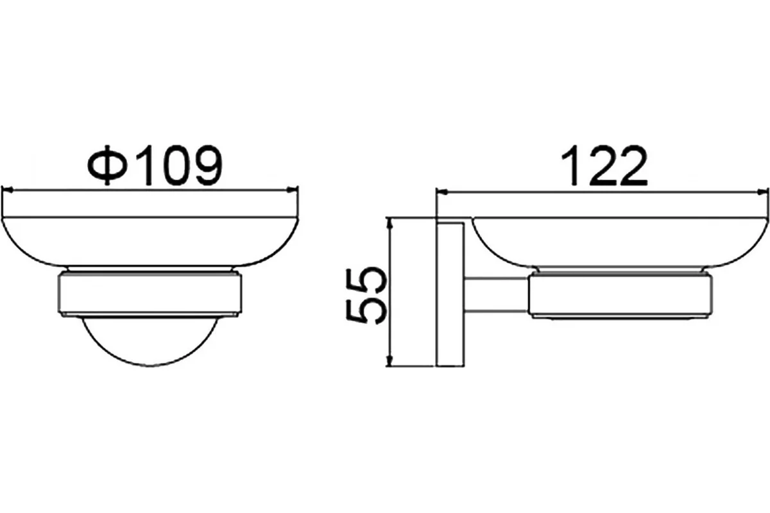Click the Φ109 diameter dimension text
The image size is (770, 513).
pyautogui.click(x=155, y=165)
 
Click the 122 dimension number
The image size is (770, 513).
pyautogui.click(x=604, y=165)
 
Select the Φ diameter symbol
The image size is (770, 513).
pyautogui.click(x=108, y=165)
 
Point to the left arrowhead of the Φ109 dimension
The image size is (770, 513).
pyautogui.click(x=7, y=189)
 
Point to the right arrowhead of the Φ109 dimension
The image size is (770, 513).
pyautogui.click(x=293, y=189)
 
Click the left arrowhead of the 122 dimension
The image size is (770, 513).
pyautogui.click(x=441, y=193)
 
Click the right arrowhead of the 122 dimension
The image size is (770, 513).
pyautogui.click(x=763, y=192)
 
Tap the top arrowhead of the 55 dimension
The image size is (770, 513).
pyautogui.click(x=389, y=224)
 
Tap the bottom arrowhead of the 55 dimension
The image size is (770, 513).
pyautogui.click(x=389, y=360)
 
